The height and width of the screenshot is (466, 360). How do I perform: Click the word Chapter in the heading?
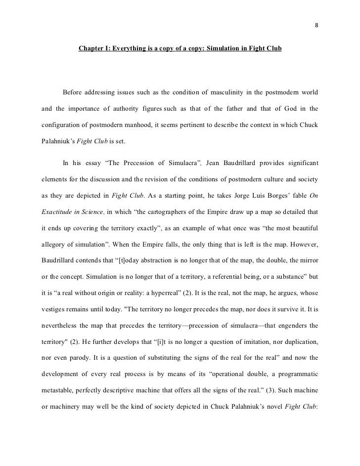click(91, 49)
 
